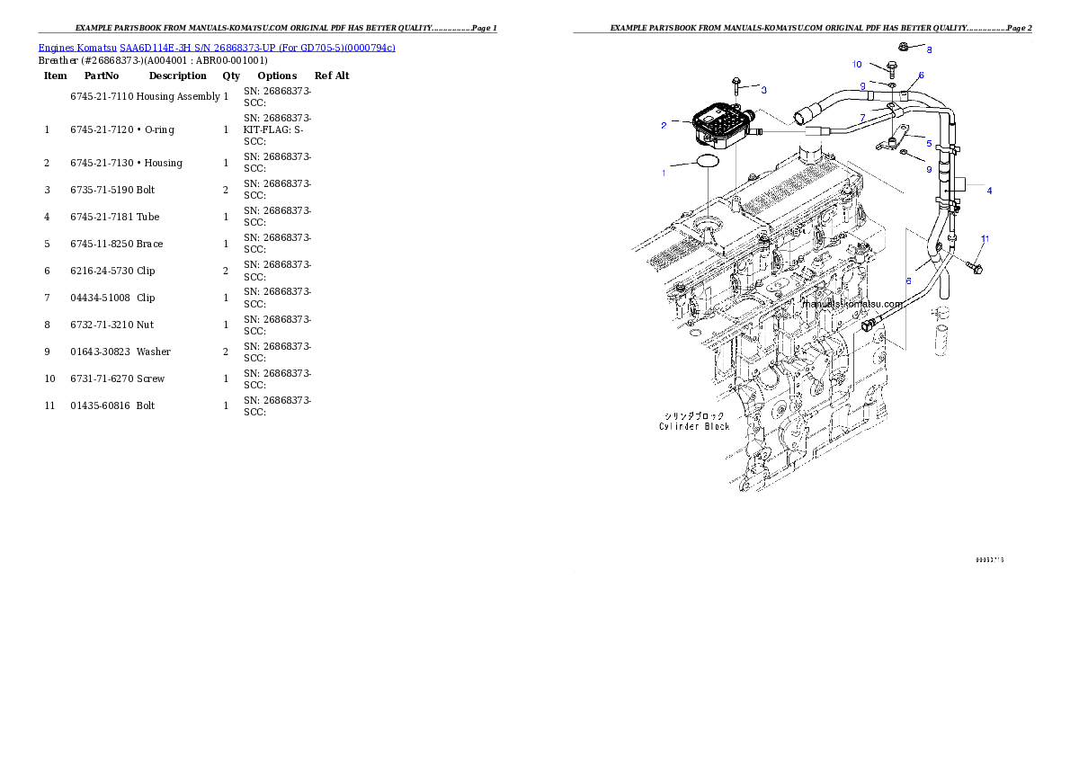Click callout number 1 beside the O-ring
(x=664, y=173)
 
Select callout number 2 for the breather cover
(x=664, y=126)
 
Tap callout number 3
(x=763, y=90)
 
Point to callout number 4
(x=989, y=191)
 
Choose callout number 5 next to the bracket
(x=929, y=142)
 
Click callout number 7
(x=861, y=118)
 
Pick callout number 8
(x=930, y=49)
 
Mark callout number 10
(x=857, y=65)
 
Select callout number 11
(x=985, y=239)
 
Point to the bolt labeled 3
(x=736, y=85)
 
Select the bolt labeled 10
(x=891, y=67)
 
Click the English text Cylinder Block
(x=694, y=426)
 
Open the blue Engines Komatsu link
(x=217, y=47)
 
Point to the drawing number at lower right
(x=989, y=560)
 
